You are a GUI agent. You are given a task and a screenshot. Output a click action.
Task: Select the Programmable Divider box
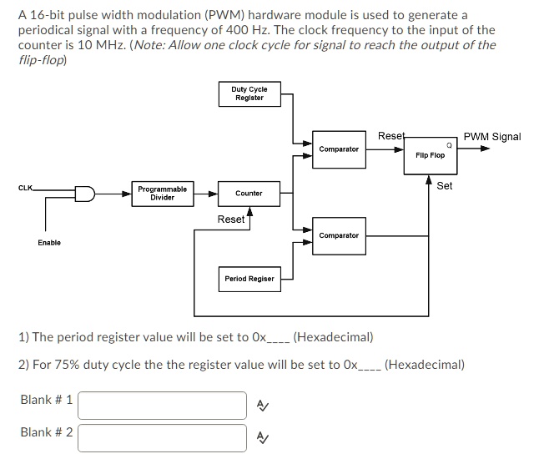click(163, 193)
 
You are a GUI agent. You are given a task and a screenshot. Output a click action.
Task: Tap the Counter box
click(249, 193)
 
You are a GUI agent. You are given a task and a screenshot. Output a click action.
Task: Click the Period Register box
click(249, 279)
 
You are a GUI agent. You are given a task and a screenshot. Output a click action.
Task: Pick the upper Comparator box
click(339, 149)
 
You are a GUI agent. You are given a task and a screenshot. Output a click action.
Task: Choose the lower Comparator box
click(339, 235)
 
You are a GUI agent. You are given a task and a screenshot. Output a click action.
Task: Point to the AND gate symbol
click(85, 193)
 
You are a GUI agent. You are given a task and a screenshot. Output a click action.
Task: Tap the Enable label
click(48, 242)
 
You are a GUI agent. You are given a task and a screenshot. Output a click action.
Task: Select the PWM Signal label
click(492, 137)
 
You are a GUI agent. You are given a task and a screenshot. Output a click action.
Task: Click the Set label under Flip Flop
click(445, 186)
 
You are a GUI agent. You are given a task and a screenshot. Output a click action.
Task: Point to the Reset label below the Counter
click(230, 219)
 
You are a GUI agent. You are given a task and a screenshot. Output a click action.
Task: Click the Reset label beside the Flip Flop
click(390, 135)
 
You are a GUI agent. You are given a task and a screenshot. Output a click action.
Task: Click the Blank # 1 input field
click(163, 405)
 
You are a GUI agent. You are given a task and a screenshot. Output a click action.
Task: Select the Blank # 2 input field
click(163, 436)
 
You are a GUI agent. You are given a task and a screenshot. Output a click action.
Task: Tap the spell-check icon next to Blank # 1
click(262, 406)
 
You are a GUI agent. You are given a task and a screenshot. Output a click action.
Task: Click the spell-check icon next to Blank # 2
click(262, 437)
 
